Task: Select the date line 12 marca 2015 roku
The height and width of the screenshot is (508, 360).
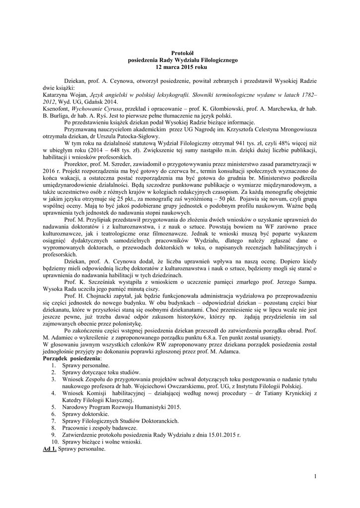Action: (180, 65)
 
